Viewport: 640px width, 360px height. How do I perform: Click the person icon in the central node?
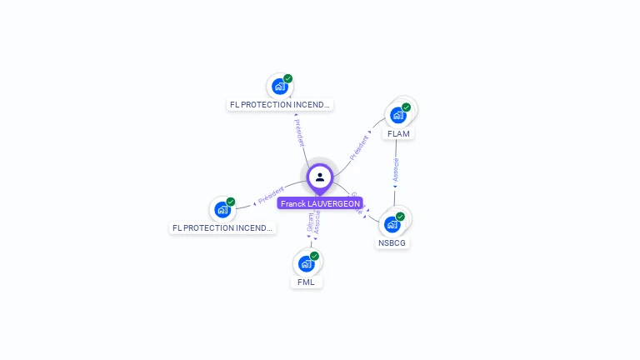pos(320,177)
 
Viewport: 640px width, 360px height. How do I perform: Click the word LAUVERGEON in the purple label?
pos(334,203)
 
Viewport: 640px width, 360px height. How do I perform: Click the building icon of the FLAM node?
pos(397,115)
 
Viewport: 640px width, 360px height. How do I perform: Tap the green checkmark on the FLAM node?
pos(406,107)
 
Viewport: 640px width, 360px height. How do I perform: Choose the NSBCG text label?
pos(392,242)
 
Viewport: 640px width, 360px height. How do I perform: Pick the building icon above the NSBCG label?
pos(392,224)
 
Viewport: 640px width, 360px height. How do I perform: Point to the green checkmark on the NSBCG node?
pos(400,217)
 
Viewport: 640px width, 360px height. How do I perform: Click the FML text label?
pos(306,282)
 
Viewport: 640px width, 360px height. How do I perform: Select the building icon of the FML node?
pos(306,263)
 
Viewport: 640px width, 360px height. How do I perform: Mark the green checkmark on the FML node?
pos(314,256)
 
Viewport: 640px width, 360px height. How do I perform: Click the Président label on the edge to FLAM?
pos(358,147)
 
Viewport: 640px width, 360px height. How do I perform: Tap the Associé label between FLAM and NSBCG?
pos(396,171)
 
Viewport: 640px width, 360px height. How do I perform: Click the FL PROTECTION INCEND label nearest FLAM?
pos(280,105)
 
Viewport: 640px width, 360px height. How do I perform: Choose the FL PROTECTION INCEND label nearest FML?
pos(222,227)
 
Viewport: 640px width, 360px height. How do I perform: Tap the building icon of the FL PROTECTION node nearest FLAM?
pos(280,86)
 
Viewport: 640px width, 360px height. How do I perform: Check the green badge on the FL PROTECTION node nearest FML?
pos(231,202)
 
